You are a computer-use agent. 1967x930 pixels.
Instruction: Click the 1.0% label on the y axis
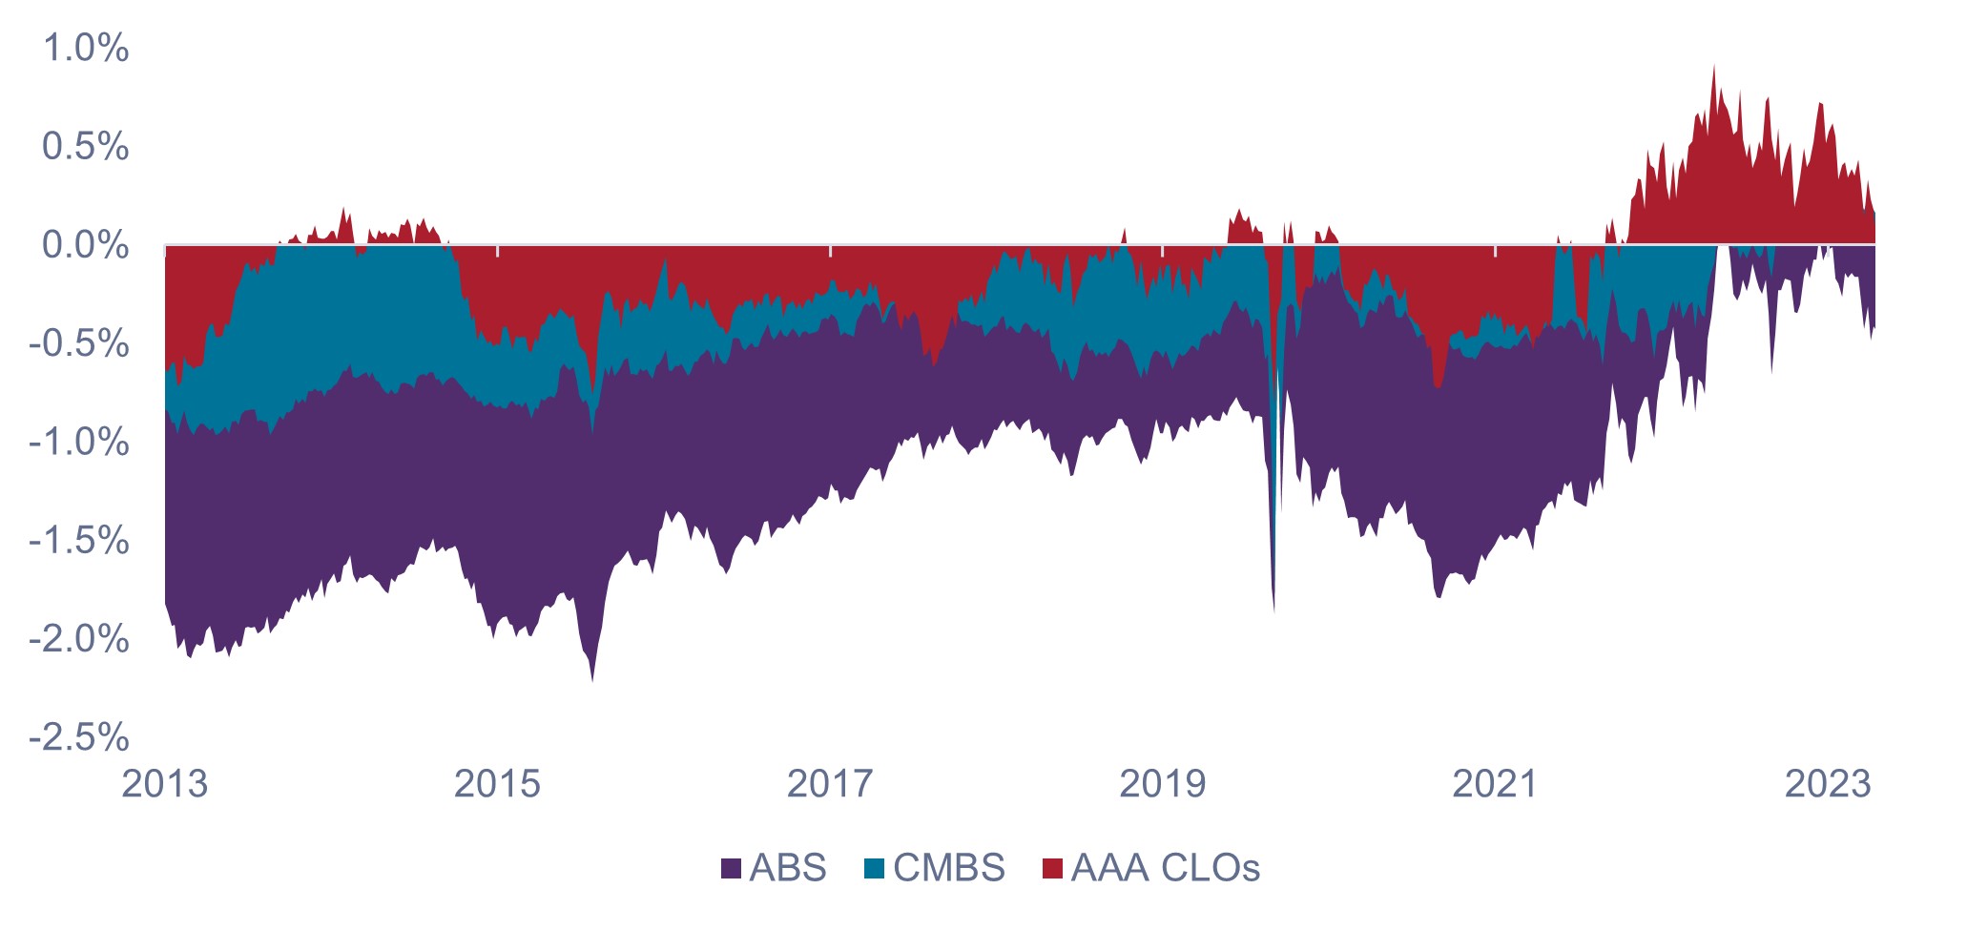pyautogui.click(x=86, y=48)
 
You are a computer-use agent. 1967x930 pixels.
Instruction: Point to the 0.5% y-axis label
pyautogui.click(x=86, y=147)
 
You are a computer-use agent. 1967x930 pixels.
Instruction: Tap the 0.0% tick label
pyautogui.click(x=86, y=245)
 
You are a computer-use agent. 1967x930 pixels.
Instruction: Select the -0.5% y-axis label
pyautogui.click(x=79, y=343)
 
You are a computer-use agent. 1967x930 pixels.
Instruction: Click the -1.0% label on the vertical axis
pyautogui.click(x=79, y=443)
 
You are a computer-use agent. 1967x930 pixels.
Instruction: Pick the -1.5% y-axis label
pyautogui.click(x=79, y=541)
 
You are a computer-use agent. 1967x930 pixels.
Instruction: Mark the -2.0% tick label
pyautogui.click(x=79, y=639)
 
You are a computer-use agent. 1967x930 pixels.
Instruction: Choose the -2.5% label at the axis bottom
pyautogui.click(x=79, y=737)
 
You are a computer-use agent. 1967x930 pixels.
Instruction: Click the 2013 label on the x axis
pyautogui.click(x=165, y=784)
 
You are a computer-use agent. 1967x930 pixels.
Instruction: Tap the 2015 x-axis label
pyautogui.click(x=497, y=784)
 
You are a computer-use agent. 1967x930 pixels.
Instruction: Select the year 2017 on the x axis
pyautogui.click(x=830, y=784)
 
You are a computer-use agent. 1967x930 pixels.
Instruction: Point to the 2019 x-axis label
pyautogui.click(x=1162, y=784)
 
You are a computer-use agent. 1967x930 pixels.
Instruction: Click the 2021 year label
pyautogui.click(x=1495, y=784)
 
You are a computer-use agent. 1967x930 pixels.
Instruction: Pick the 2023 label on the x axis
pyautogui.click(x=1827, y=784)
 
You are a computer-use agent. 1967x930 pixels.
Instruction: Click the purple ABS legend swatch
pyautogui.click(x=732, y=869)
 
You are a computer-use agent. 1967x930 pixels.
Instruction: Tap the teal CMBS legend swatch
pyautogui.click(x=874, y=869)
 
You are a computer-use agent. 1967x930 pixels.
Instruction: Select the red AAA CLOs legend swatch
pyautogui.click(x=1052, y=869)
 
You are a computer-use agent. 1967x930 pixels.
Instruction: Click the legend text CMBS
pyautogui.click(x=949, y=868)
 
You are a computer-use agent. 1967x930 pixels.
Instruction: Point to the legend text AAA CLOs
pyautogui.click(x=1166, y=868)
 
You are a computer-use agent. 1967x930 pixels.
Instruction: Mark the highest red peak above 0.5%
pyautogui.click(x=1714, y=67)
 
